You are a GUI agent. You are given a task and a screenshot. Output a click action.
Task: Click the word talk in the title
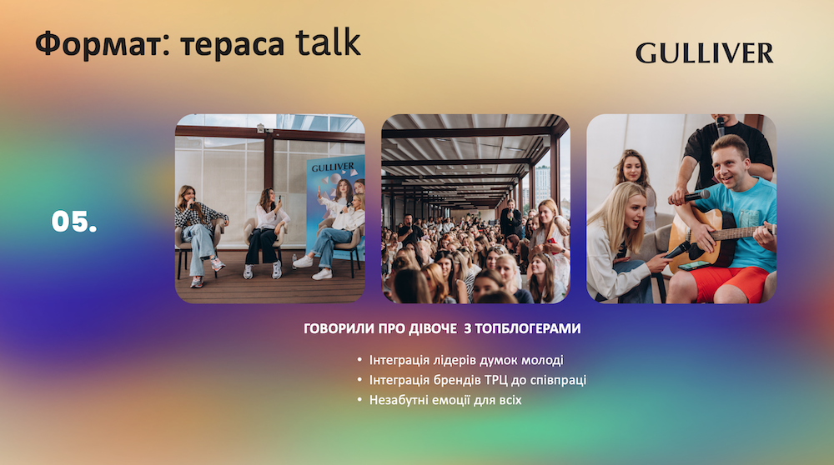click(x=328, y=42)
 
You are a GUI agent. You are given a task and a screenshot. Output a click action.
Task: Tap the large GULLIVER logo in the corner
click(x=704, y=53)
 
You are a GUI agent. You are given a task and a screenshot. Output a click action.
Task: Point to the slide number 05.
click(x=74, y=221)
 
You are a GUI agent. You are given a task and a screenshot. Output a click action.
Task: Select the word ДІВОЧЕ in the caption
click(x=432, y=328)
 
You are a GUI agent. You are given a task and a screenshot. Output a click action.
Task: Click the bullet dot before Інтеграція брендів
click(x=359, y=381)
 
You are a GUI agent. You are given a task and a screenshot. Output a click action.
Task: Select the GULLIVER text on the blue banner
click(x=333, y=167)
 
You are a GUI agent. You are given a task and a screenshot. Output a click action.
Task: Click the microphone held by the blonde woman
click(x=676, y=250)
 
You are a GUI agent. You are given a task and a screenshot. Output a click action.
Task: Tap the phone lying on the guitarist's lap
click(x=694, y=266)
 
